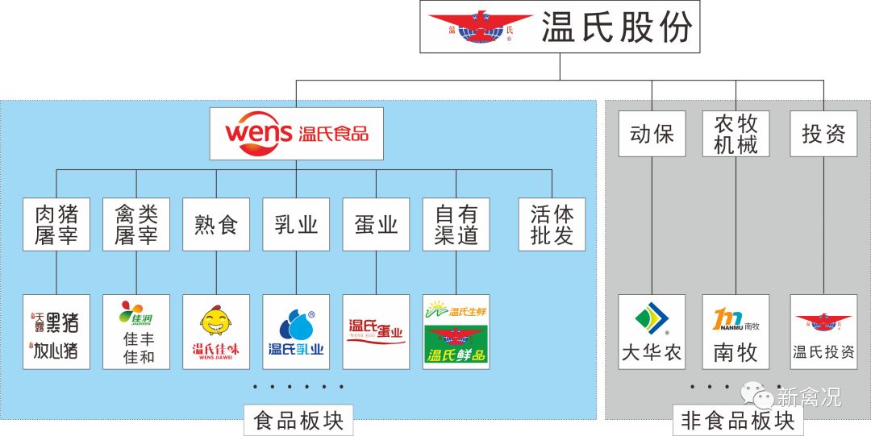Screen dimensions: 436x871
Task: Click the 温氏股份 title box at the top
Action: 561,27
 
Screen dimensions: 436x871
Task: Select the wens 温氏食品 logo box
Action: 296,132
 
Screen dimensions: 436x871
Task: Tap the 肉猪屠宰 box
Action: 56,224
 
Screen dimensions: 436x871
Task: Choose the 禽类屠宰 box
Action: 136,224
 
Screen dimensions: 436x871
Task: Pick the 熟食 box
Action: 216,224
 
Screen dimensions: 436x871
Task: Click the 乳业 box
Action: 296,224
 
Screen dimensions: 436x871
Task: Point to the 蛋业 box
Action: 376,224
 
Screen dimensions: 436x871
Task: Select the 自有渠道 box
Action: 456,224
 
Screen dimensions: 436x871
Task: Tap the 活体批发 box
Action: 552,224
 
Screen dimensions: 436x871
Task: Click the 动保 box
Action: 652,134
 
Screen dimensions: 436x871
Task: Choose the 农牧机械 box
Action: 736,134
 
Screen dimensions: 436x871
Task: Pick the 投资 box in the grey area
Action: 823,134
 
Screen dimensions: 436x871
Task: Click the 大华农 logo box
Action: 652,331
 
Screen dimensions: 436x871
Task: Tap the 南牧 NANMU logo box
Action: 736,331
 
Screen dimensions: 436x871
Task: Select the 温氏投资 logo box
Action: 823,331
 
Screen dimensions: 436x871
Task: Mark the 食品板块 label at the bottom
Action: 298,420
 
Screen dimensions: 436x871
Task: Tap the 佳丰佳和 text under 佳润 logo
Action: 136,348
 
